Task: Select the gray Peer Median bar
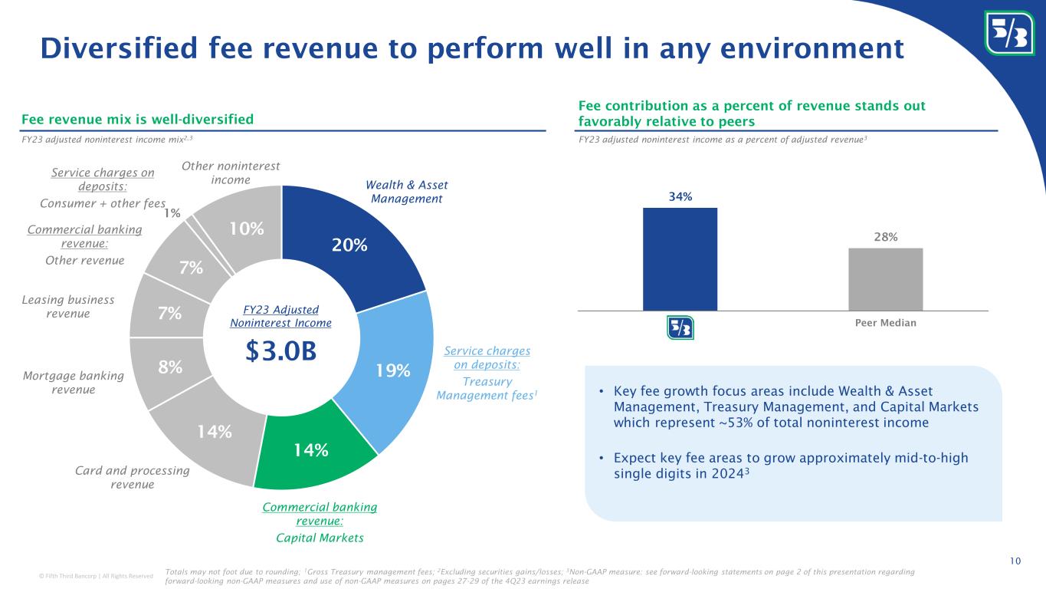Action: click(885, 279)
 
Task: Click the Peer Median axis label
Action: click(885, 323)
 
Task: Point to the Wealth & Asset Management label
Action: click(406, 192)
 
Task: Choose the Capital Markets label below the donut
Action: click(320, 538)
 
